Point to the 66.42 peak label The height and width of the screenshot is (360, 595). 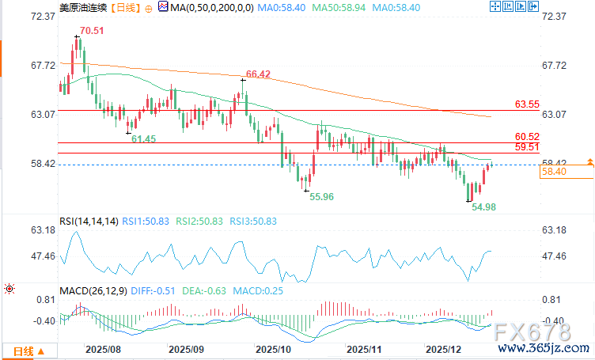point(259,74)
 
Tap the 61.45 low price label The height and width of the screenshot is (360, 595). point(143,139)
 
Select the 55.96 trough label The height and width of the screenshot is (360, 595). point(320,195)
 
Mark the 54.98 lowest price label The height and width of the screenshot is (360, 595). point(483,207)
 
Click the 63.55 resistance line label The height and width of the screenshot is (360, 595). point(527,104)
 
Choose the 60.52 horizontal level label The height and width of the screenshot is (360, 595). point(527,137)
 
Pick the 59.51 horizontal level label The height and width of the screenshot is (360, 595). point(527,147)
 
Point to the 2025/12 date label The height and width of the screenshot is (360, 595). point(444,348)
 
